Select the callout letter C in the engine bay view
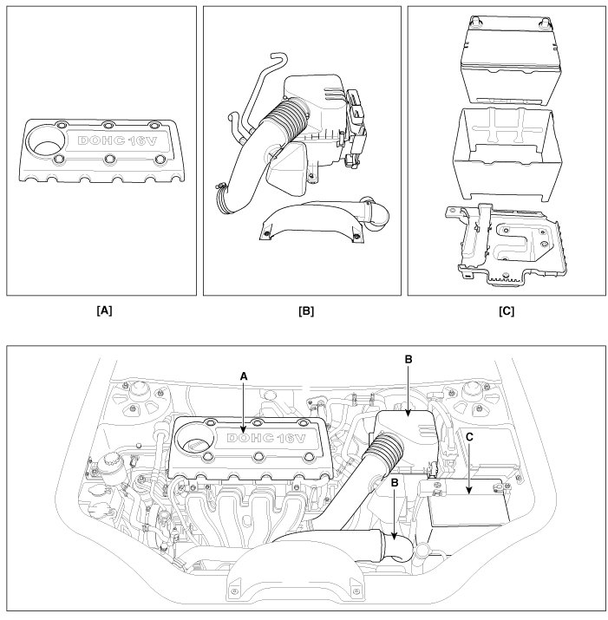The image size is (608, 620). pyautogui.click(x=469, y=438)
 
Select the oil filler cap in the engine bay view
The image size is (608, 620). pyautogui.click(x=194, y=442)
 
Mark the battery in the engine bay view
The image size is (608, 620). pyautogui.click(x=468, y=505)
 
